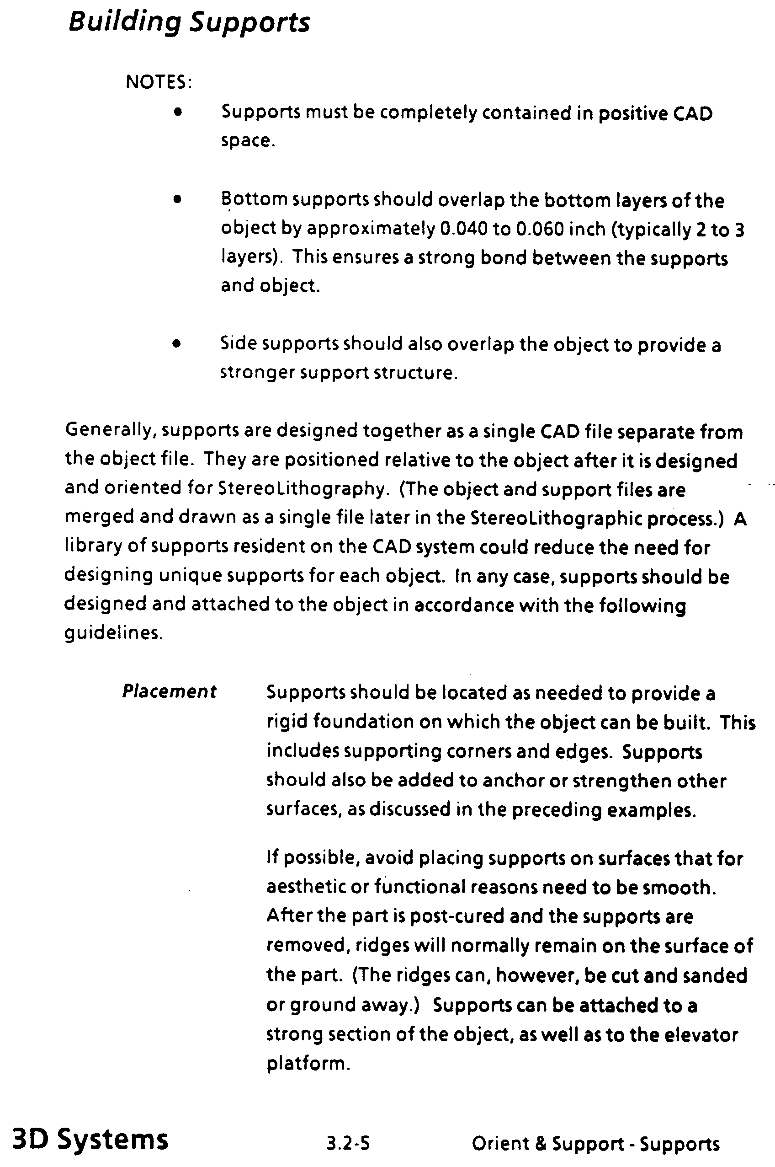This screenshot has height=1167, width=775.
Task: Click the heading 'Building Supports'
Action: [x=189, y=23]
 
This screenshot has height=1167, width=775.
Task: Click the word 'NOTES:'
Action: [x=159, y=82]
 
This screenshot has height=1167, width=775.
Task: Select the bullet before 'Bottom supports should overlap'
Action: [x=178, y=200]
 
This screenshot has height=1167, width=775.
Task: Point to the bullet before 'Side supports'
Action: [x=177, y=344]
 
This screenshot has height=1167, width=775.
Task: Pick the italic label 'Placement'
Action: [x=169, y=691]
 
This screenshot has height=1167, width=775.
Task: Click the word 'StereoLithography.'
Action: [x=302, y=489]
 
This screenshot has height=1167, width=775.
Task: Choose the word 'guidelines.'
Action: [x=113, y=633]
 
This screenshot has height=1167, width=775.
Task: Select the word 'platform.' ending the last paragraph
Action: [x=308, y=1063]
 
